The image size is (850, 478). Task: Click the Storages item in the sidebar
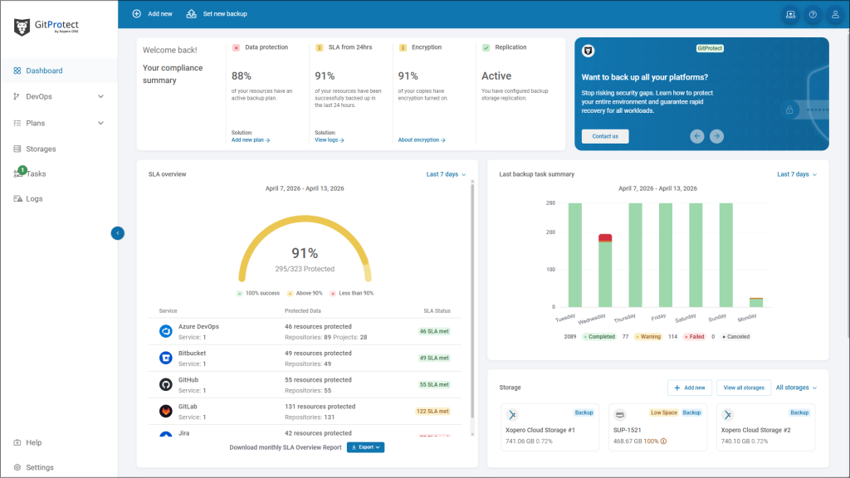point(40,149)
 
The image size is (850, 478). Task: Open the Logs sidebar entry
point(33,198)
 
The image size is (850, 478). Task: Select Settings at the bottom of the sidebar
point(39,467)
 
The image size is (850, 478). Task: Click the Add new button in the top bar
point(153,14)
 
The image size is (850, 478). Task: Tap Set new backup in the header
point(217,14)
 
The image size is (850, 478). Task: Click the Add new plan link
point(250,140)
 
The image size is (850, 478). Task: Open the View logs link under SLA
point(329,140)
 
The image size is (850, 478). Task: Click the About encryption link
point(421,140)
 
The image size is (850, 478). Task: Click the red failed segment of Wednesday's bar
point(605,237)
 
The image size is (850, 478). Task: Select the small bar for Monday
point(755,302)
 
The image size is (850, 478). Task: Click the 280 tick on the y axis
point(550,203)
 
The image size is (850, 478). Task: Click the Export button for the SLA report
point(365,447)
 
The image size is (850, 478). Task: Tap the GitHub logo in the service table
point(165,384)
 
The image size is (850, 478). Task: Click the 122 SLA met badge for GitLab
point(432,411)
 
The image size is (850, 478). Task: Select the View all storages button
point(744,388)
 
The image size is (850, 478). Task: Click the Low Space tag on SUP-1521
point(663,412)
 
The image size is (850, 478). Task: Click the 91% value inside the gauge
point(305,253)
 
